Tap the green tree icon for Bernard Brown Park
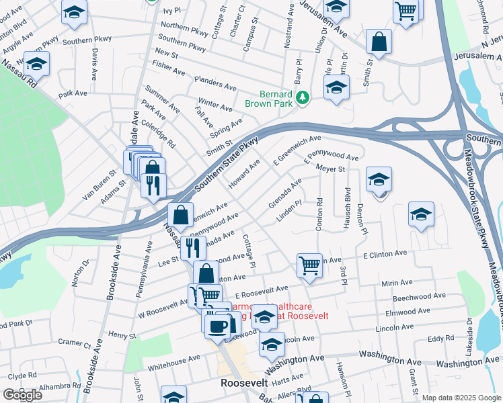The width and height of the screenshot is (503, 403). [x=303, y=99]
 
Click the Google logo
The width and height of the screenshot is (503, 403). [x=22, y=395]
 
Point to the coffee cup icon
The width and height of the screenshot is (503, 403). [x=216, y=325]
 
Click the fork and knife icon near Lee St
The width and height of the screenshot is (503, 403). [x=193, y=247]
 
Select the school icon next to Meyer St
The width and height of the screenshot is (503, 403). [x=379, y=179]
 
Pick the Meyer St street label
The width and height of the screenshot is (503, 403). [x=330, y=169]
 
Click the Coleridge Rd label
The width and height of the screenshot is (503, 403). [x=159, y=134]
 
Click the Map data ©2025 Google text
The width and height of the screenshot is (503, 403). [x=461, y=398]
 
